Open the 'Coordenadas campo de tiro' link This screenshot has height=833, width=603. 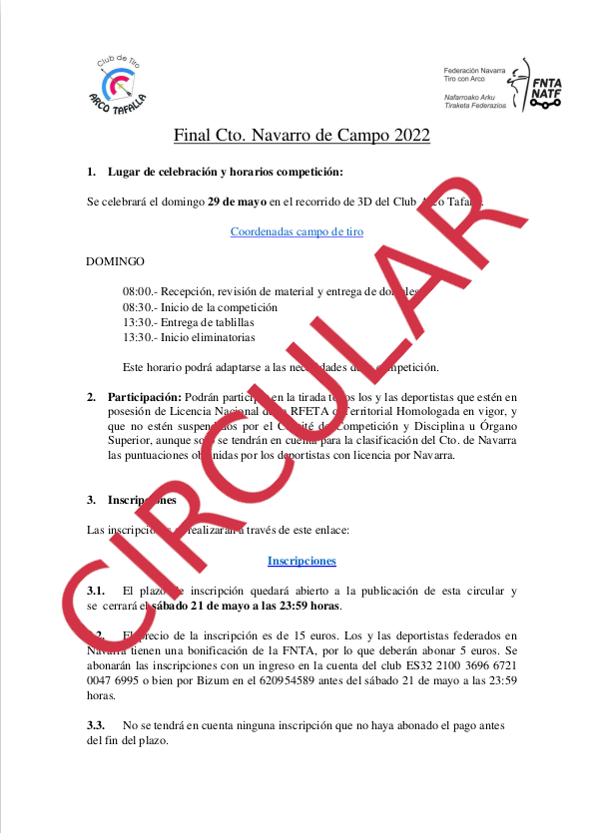click(x=297, y=231)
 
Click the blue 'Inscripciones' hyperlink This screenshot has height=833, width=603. click(x=301, y=561)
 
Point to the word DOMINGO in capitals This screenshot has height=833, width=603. click(x=116, y=261)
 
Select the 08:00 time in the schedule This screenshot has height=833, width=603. click(x=138, y=291)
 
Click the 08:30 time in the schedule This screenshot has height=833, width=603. click(x=138, y=307)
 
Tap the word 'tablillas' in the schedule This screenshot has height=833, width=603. click(x=234, y=322)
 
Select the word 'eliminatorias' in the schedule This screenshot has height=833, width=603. click(x=234, y=338)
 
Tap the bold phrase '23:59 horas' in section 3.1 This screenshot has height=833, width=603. click(x=307, y=606)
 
